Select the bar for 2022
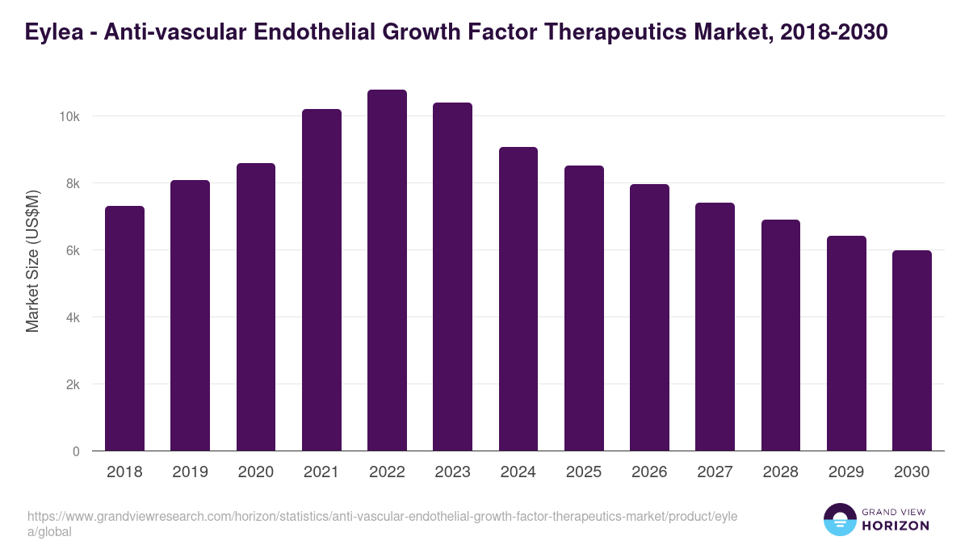click(x=387, y=270)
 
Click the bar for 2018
click(x=124, y=329)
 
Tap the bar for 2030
click(x=912, y=350)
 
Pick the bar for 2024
click(x=518, y=299)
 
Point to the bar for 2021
click(x=321, y=280)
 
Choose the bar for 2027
click(x=715, y=327)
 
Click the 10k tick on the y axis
click(x=69, y=117)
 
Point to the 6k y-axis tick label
click(x=72, y=251)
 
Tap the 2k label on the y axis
click(x=72, y=385)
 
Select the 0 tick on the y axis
click(x=76, y=452)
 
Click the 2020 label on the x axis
click(x=255, y=472)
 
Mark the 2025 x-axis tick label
click(x=584, y=472)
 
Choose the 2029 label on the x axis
click(x=846, y=472)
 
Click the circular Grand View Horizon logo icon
click(x=839, y=520)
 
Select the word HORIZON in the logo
click(x=896, y=526)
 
